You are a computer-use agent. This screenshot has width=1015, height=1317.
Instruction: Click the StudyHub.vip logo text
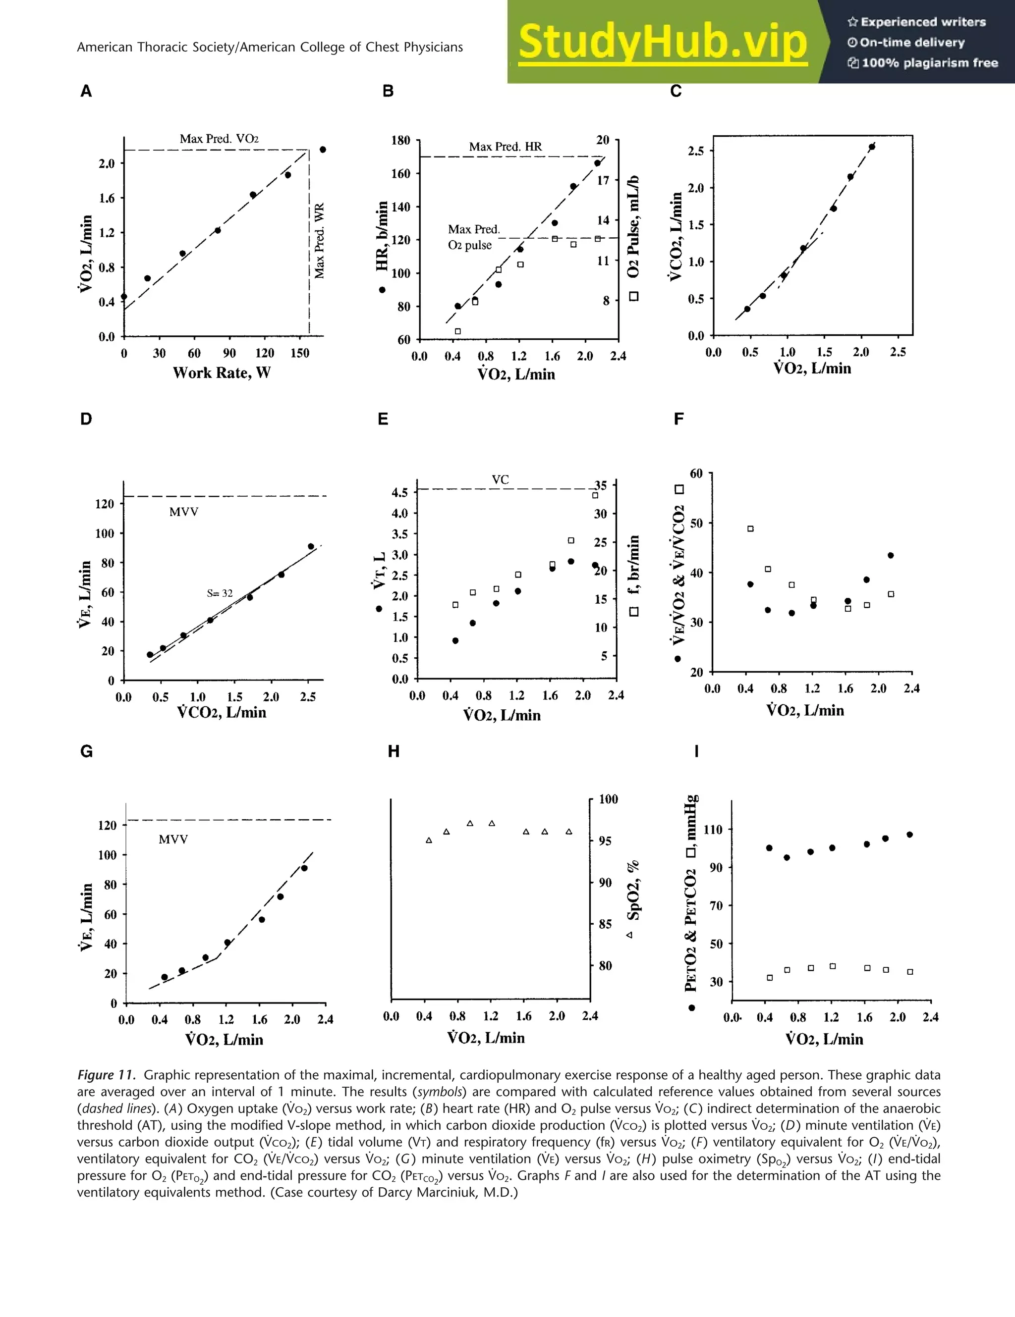[x=662, y=42]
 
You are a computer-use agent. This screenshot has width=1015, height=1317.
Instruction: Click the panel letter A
[x=86, y=91]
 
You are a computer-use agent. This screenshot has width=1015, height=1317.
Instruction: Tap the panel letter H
[x=394, y=751]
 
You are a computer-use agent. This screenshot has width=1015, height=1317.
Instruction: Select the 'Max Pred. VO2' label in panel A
[x=219, y=139]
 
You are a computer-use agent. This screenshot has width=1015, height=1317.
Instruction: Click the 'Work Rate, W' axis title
[x=222, y=372]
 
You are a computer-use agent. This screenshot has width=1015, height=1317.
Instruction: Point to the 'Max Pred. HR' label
[x=505, y=147]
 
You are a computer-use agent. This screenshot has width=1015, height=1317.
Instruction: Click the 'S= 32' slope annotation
[x=220, y=593]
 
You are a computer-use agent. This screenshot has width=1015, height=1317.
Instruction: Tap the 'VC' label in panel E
[x=500, y=479]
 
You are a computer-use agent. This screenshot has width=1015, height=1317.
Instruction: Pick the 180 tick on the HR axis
[x=400, y=141]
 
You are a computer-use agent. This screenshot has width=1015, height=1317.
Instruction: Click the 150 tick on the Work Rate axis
[x=300, y=353]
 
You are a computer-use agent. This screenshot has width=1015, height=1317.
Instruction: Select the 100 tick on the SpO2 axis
[x=608, y=799]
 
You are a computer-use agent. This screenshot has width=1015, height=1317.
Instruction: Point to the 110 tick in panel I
[x=713, y=830]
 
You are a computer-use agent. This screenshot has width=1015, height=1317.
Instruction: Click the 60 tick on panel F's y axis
[x=696, y=474]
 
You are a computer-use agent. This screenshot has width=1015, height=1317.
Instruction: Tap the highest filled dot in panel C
[x=872, y=147]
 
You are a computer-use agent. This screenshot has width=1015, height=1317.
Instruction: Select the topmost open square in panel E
[x=595, y=495]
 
